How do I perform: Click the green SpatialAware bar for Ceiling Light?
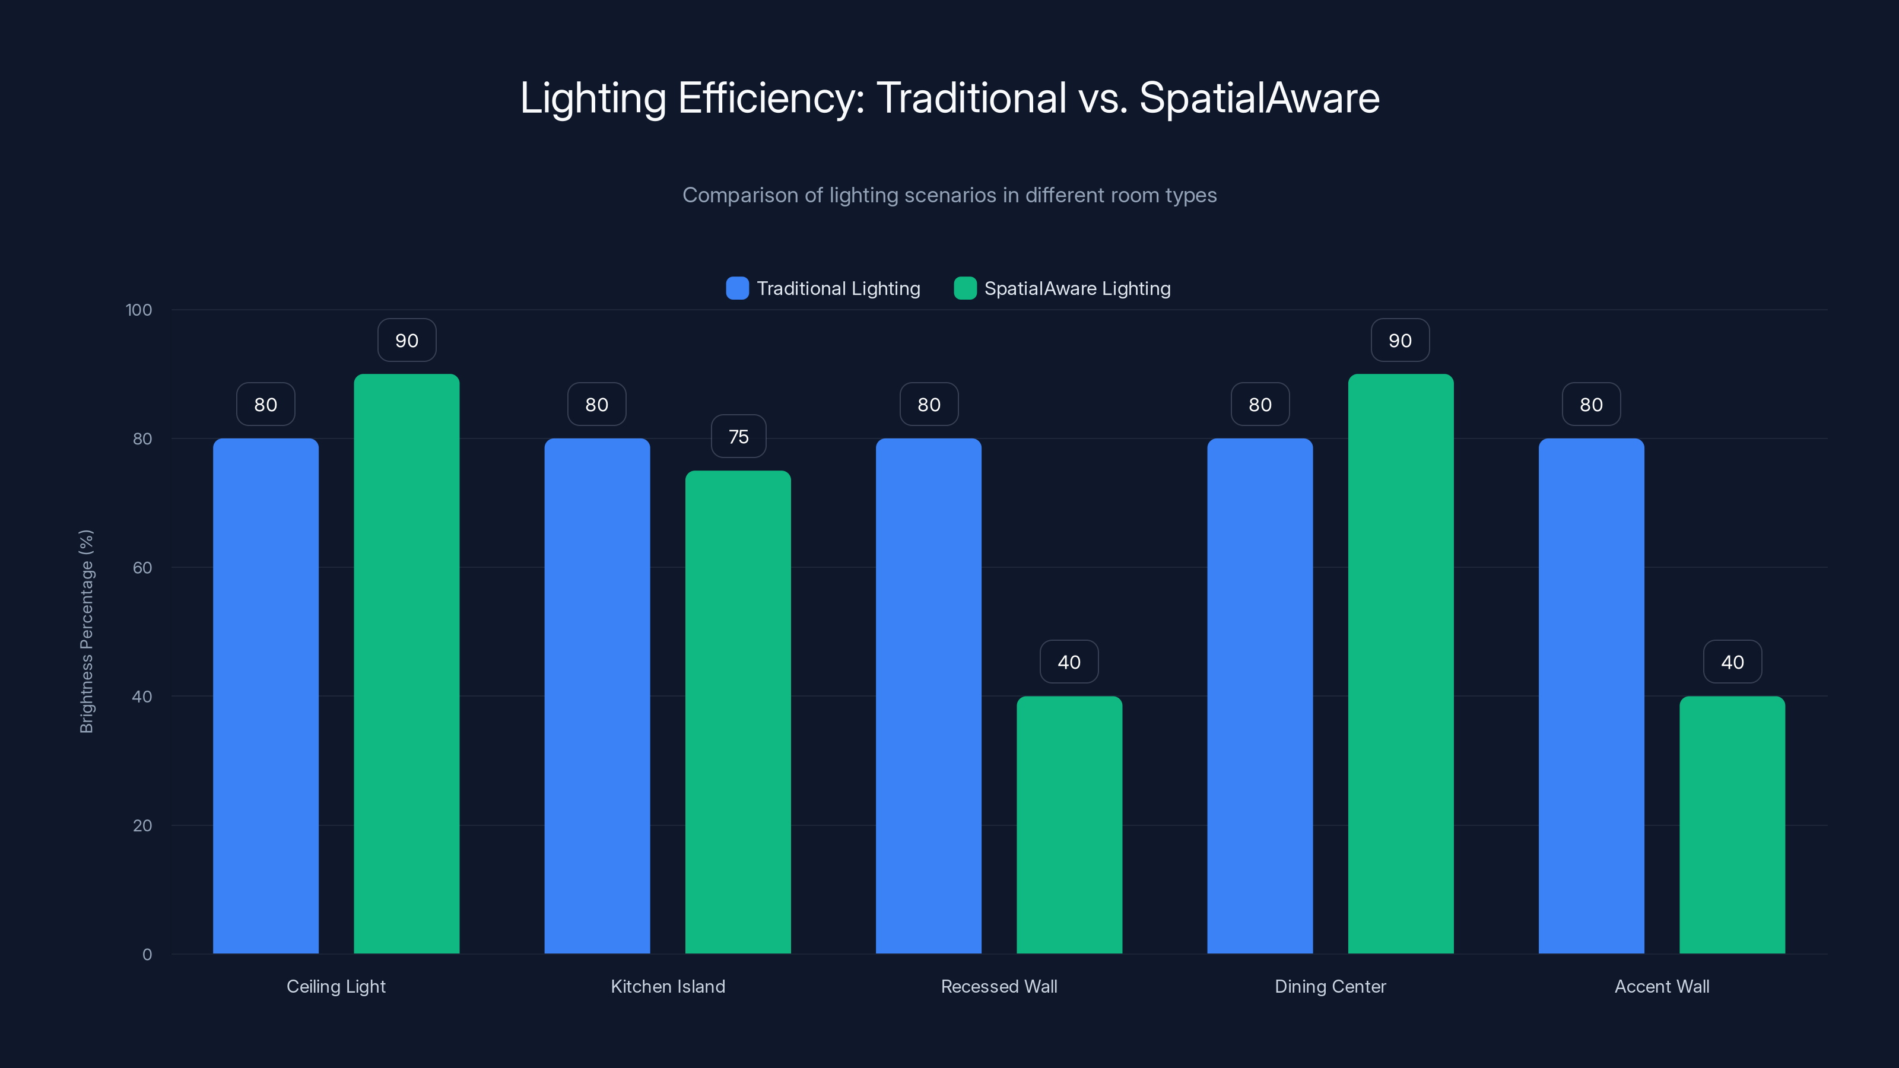click(406, 663)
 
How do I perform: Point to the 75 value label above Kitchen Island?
click(738, 436)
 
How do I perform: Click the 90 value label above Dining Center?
click(1400, 341)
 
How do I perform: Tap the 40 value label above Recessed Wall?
click(1069, 662)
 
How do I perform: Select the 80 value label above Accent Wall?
click(1591, 405)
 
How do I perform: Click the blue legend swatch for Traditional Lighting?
click(737, 288)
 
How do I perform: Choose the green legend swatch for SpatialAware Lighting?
click(965, 288)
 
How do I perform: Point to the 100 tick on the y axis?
click(139, 310)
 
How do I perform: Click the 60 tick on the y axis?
click(142, 568)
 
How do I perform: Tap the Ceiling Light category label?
click(335, 986)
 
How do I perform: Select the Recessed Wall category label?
click(999, 986)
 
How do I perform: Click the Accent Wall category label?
click(1662, 986)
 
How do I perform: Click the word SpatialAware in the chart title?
click(1259, 98)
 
